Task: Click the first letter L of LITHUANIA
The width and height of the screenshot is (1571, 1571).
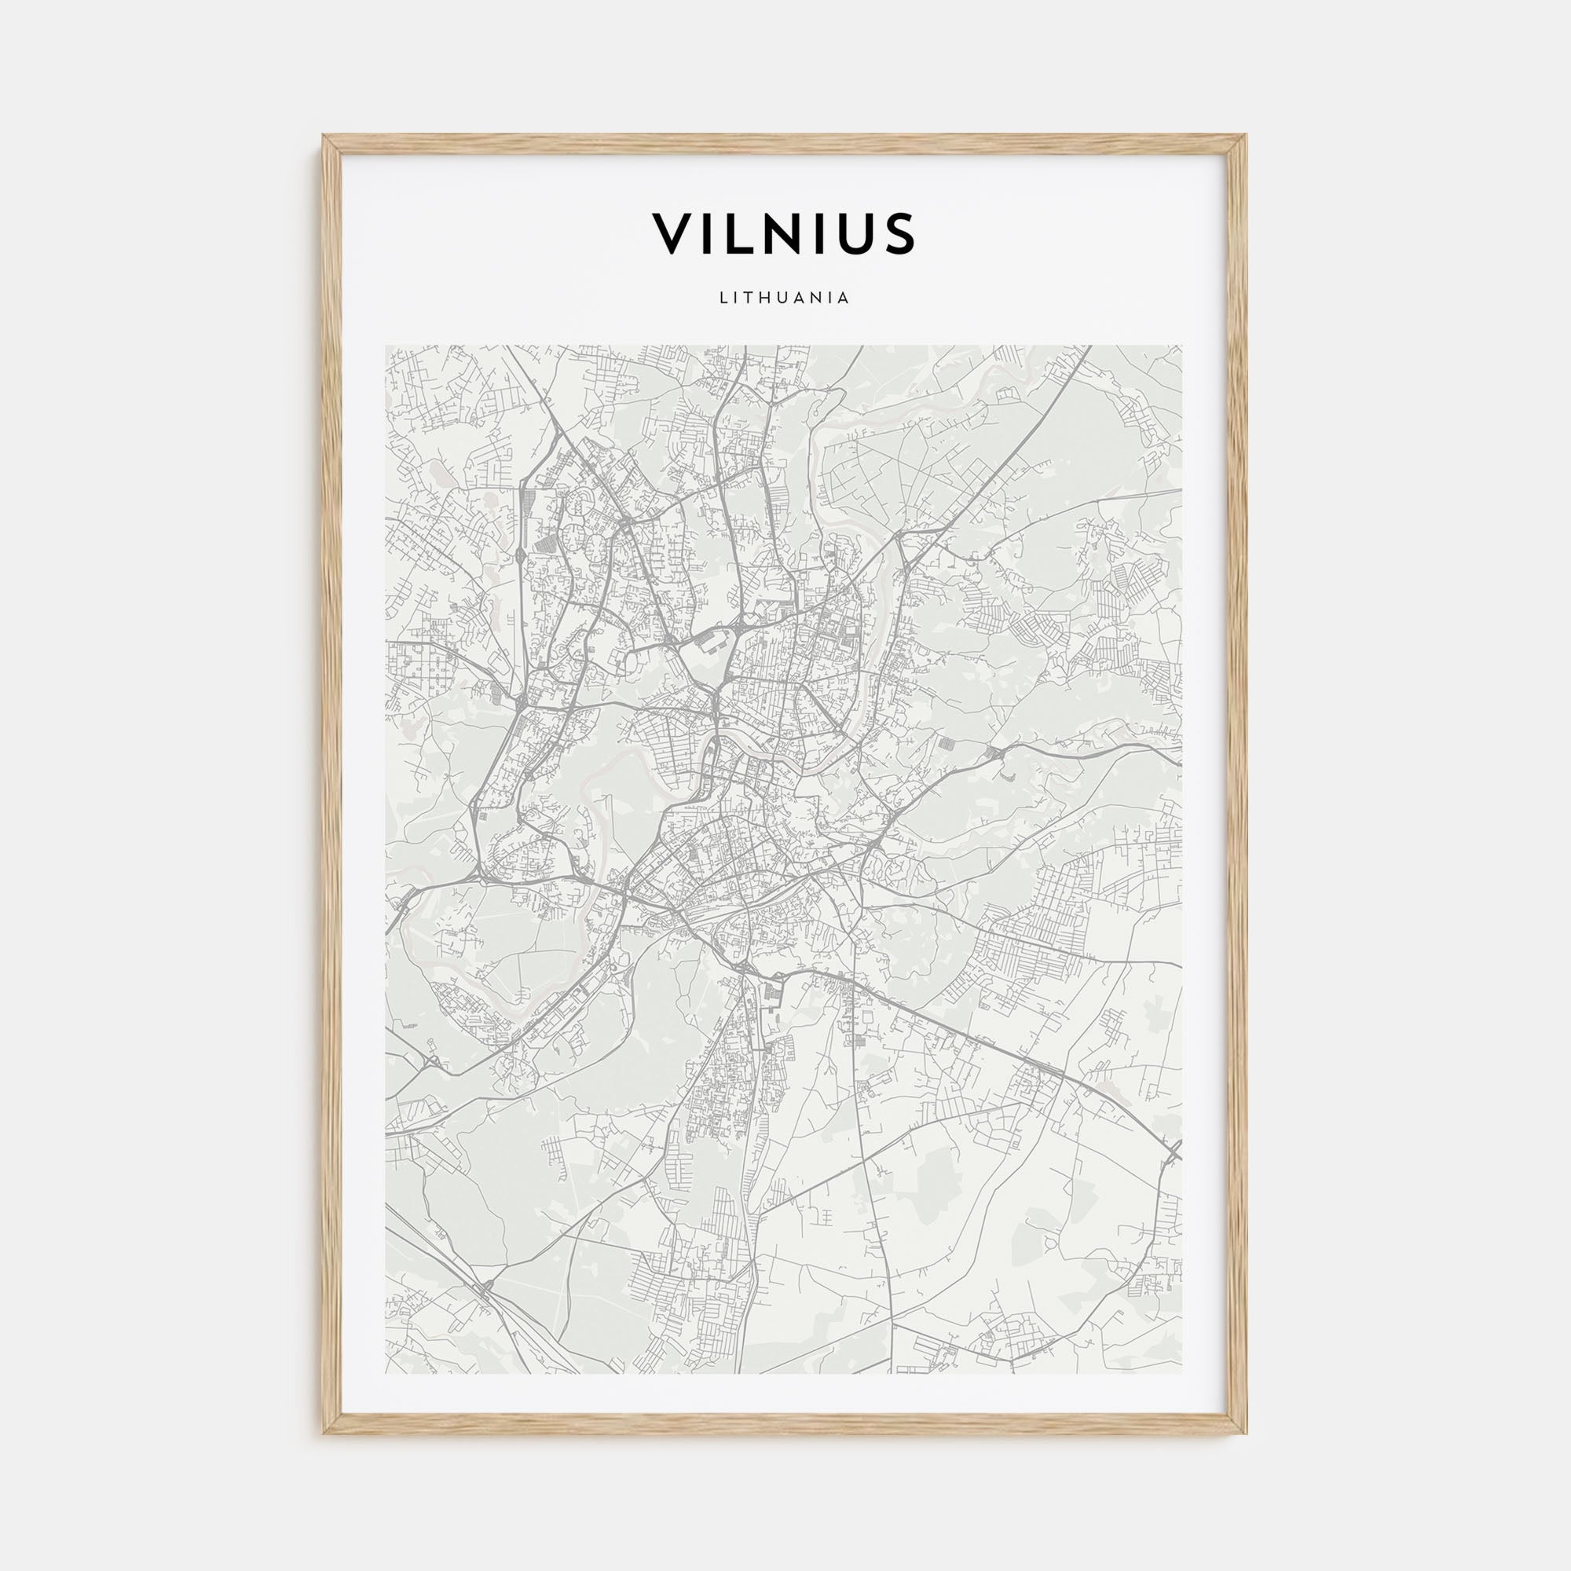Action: (723, 298)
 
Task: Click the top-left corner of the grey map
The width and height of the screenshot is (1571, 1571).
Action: (386, 346)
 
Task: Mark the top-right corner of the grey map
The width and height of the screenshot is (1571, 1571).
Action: (1182, 346)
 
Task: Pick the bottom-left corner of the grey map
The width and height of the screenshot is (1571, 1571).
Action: (386, 1373)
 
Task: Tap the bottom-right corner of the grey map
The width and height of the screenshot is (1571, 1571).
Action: (1182, 1373)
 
